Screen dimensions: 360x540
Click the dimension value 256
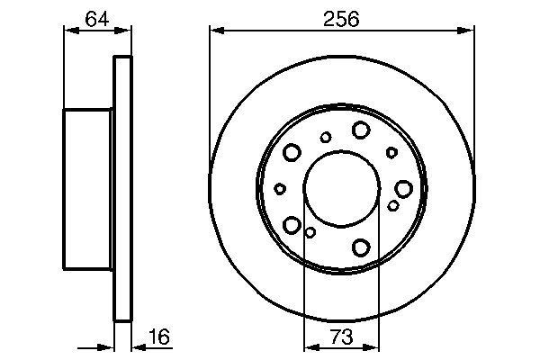pos(343,18)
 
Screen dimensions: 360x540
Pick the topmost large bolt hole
pos(361,130)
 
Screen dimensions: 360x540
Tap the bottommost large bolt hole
pos(362,247)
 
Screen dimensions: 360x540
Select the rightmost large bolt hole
pos(403,188)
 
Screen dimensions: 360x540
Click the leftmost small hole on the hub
pos(280,188)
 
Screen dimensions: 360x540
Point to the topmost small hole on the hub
pos(326,137)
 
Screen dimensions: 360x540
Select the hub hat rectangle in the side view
pos(88,188)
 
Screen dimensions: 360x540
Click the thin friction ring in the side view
pos(122,188)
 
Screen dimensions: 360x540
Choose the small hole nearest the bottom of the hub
pos(310,232)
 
